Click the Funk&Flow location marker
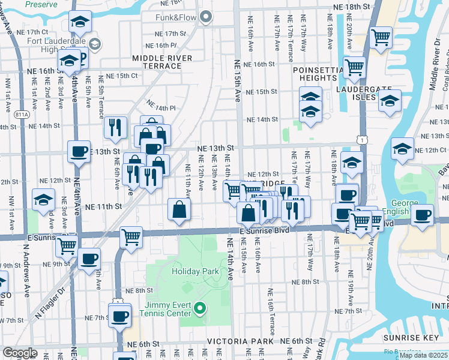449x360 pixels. pyautogui.click(x=206, y=17)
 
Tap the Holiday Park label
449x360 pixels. pyautogui.click(x=195, y=271)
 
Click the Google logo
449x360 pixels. pyautogui.click(x=20, y=352)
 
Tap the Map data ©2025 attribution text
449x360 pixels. pyautogui.click(x=423, y=355)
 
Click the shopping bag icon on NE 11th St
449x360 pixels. pyautogui.click(x=179, y=210)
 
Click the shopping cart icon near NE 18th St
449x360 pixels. pyautogui.click(x=381, y=37)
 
